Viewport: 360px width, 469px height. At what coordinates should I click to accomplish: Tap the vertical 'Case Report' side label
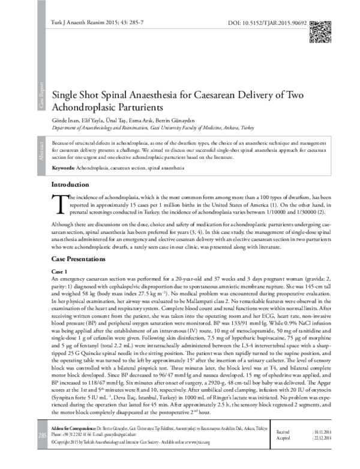41,97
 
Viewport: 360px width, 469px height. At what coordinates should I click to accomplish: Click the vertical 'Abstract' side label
41,151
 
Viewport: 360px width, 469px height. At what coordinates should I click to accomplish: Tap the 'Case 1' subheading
61,271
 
